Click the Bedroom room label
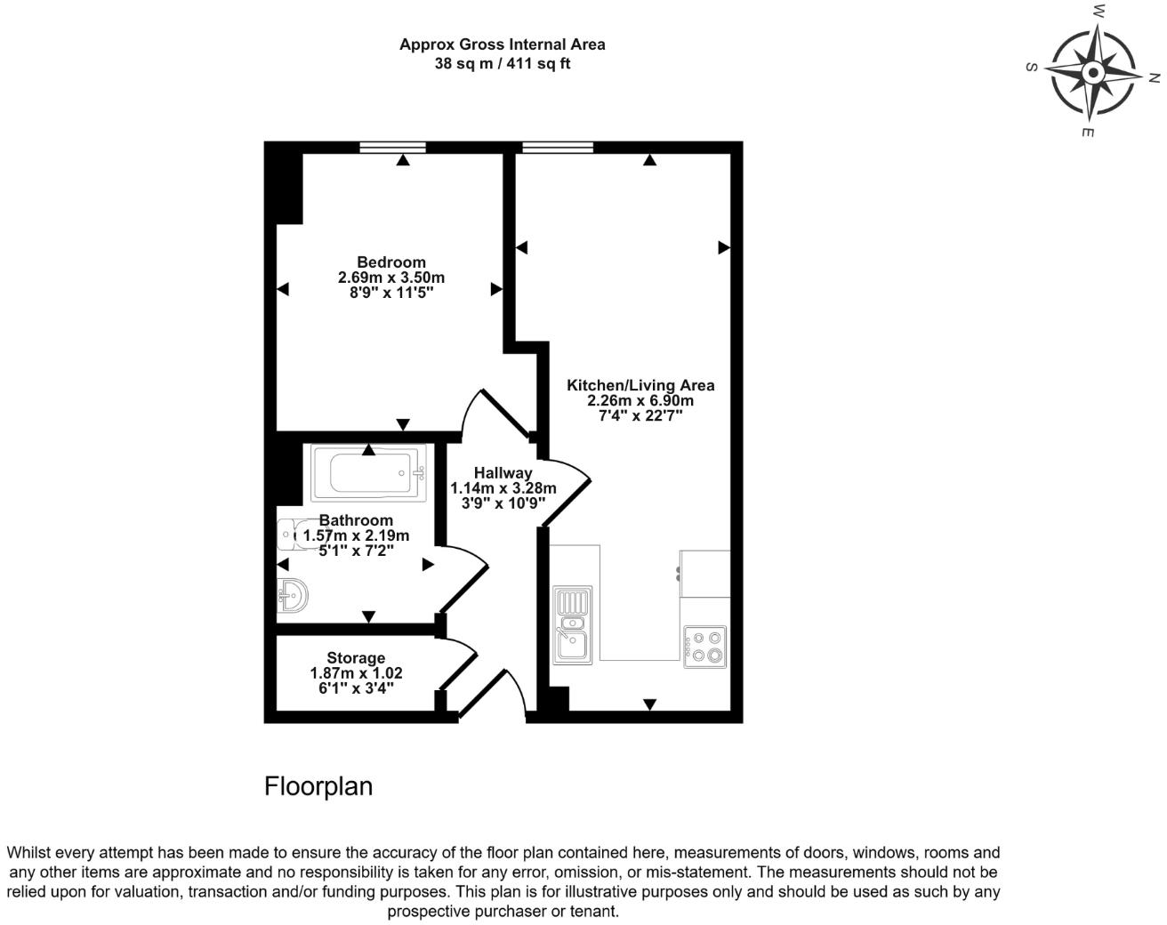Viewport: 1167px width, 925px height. point(390,262)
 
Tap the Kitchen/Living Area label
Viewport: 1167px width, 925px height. point(640,385)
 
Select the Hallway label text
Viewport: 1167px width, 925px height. point(503,473)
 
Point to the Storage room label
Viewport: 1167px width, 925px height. point(356,658)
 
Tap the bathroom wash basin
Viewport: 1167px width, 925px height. point(292,593)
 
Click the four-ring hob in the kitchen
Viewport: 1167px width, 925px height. point(705,647)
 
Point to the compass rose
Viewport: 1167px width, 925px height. point(1091,72)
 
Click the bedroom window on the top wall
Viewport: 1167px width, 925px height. point(392,148)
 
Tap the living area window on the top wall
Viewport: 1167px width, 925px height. point(558,148)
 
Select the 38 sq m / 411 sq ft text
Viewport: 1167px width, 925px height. point(502,63)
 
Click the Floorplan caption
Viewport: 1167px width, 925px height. point(318,786)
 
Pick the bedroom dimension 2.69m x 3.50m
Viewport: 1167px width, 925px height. point(390,277)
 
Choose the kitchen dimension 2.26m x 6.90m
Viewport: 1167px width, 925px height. point(640,400)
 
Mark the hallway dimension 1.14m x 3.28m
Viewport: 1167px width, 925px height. point(503,488)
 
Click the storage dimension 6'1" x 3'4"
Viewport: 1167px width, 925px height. point(356,688)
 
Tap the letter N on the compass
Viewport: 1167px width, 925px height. point(1154,78)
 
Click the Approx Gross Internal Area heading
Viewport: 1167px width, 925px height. point(502,44)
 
